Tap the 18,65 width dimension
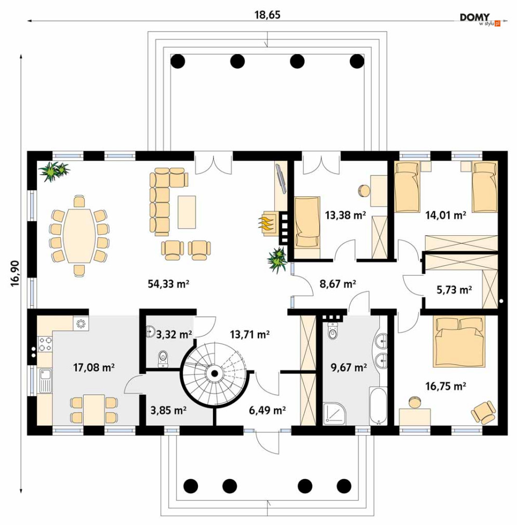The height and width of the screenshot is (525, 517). point(267,15)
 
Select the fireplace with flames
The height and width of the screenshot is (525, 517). point(267,223)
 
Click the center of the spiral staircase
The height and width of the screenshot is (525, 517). point(213,372)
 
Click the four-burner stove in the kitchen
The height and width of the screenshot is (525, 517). point(45,343)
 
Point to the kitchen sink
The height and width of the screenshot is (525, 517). point(45,379)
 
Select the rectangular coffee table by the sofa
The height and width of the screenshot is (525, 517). point(187,211)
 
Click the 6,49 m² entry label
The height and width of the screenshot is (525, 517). point(267,410)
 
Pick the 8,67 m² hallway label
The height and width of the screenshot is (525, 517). point(337,284)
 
